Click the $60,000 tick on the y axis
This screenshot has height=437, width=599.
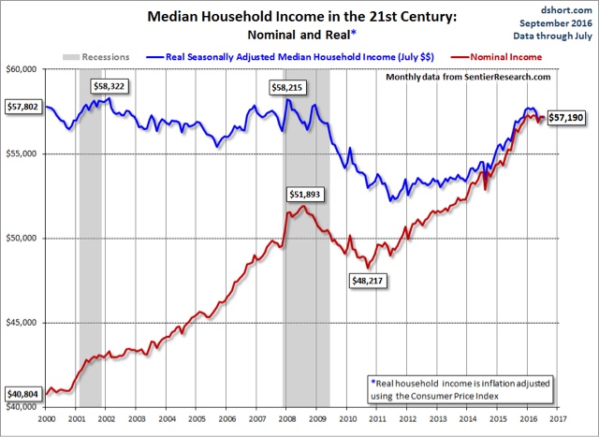click(x=22, y=69)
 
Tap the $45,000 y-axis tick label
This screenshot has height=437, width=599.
click(x=22, y=323)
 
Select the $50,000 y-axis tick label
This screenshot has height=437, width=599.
click(x=22, y=239)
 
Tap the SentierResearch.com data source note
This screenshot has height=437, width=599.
click(x=469, y=76)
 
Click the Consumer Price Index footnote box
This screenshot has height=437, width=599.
click(x=460, y=387)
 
